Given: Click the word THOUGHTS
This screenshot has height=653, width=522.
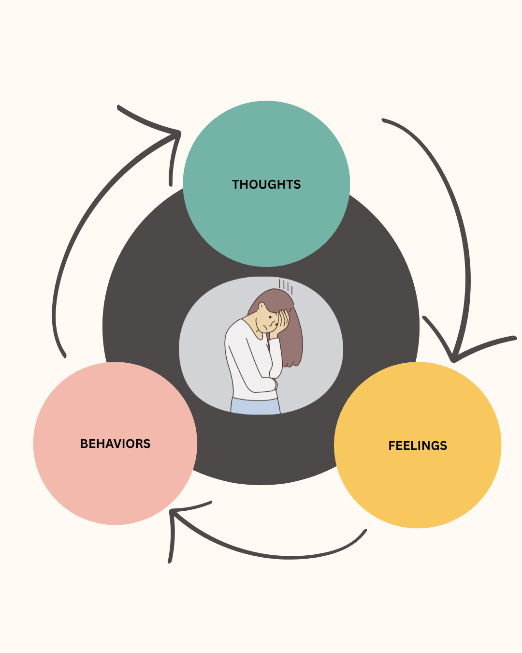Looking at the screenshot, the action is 266,184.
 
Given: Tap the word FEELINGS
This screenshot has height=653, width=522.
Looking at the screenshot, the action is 418,445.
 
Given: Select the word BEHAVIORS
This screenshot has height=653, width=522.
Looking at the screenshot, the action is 115,444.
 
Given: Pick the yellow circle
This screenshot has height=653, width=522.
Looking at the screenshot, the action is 418,489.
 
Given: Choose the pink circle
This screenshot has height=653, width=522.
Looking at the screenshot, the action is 115,484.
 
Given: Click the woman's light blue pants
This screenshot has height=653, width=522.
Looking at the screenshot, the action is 255,406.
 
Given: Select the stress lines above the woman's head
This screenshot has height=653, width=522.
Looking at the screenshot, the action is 286,286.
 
